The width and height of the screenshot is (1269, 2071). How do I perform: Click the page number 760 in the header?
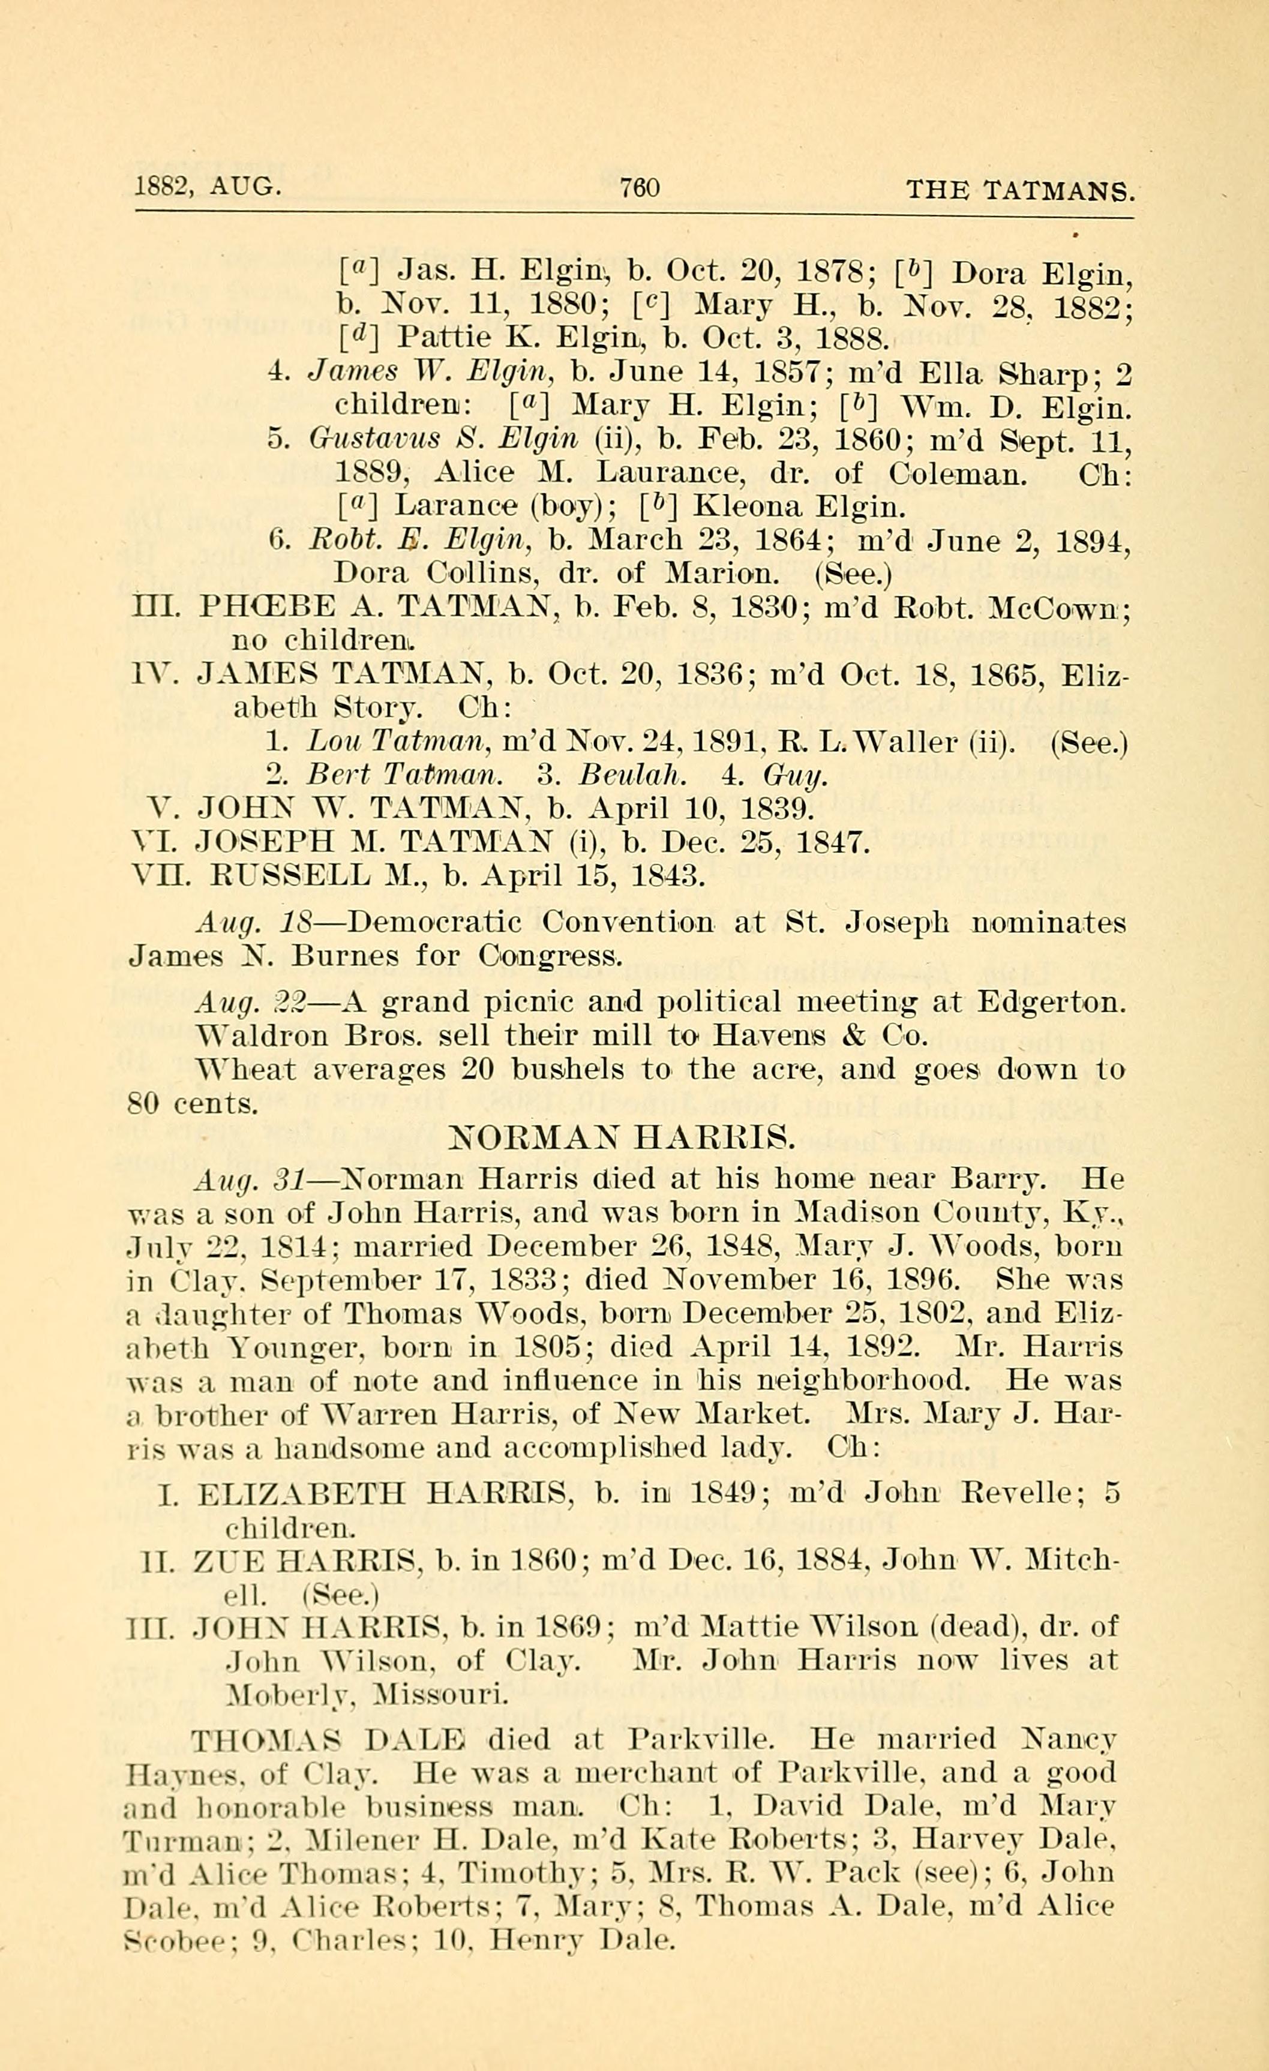pos(640,187)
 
